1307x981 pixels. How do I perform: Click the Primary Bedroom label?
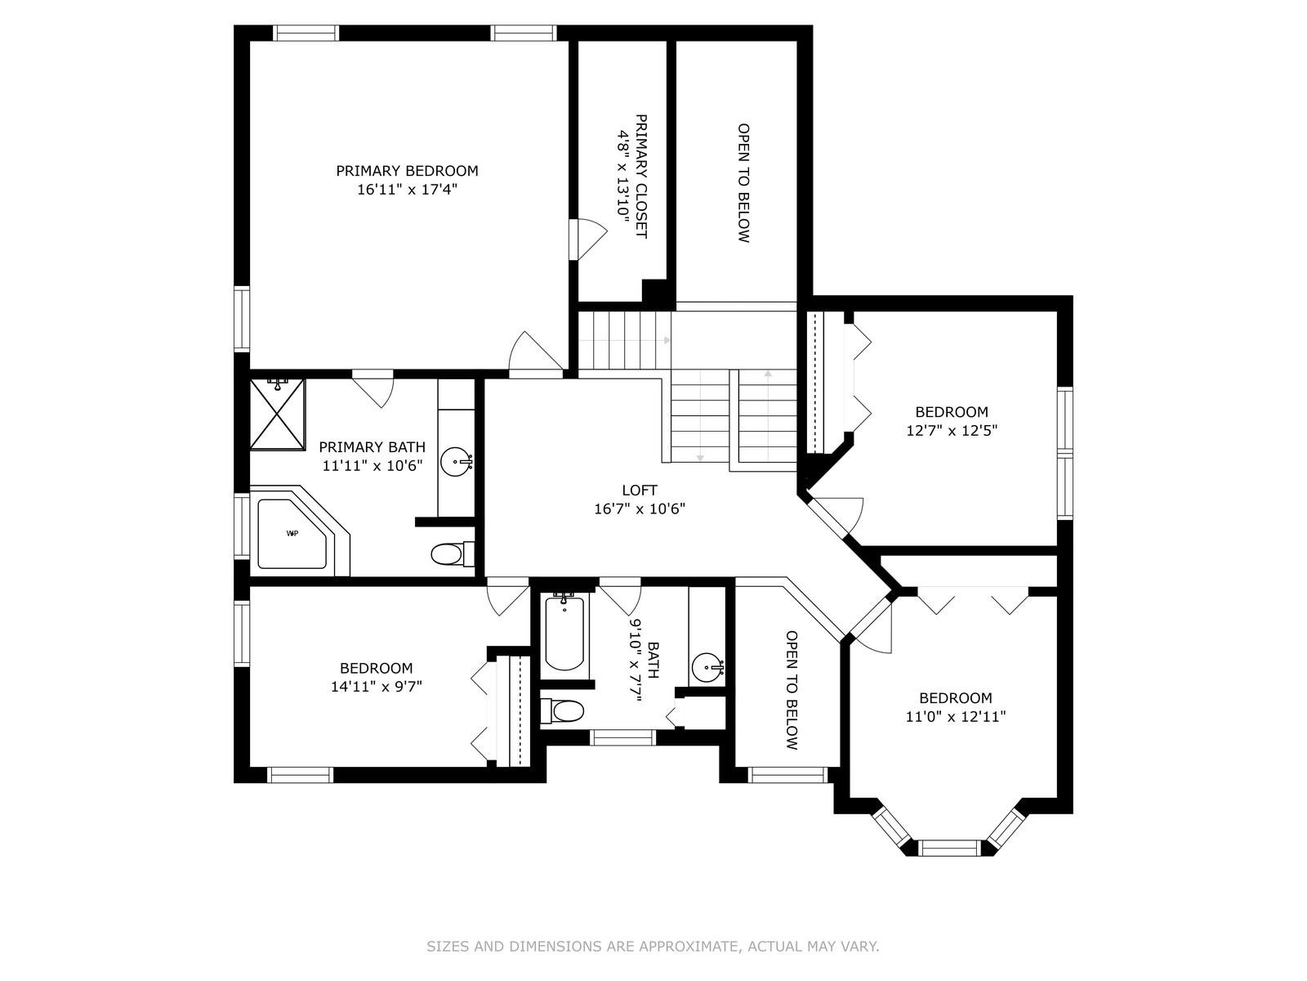pyautogui.click(x=407, y=171)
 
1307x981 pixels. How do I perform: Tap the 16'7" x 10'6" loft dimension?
pyautogui.click(x=640, y=508)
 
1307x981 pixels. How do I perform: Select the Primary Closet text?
pyautogui.click(x=641, y=177)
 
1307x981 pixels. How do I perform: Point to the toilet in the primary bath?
pyautogui.click(x=452, y=554)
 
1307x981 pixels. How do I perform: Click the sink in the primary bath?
pyautogui.click(x=456, y=462)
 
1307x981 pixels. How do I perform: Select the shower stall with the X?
pyautogui.click(x=277, y=414)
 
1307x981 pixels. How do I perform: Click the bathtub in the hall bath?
pyautogui.click(x=564, y=635)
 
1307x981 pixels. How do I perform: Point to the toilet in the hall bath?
pyautogui.click(x=562, y=710)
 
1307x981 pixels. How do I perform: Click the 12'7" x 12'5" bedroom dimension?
pyautogui.click(x=952, y=430)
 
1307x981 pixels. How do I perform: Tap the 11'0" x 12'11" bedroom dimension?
pyautogui.click(x=956, y=716)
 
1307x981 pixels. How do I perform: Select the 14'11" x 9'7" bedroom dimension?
pyautogui.click(x=377, y=687)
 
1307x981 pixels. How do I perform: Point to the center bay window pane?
pyautogui.click(x=950, y=848)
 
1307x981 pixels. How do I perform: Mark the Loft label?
pyautogui.click(x=640, y=490)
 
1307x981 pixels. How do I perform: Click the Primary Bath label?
pyautogui.click(x=372, y=447)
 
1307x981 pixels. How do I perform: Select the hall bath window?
pyautogui.click(x=622, y=737)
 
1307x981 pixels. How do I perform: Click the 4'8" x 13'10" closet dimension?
pyautogui.click(x=622, y=177)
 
